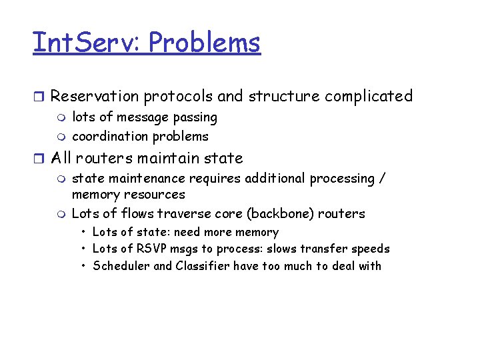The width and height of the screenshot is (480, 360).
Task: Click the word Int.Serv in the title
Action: pyautogui.click(x=86, y=43)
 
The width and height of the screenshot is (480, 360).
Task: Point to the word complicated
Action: pyautogui.click(x=369, y=97)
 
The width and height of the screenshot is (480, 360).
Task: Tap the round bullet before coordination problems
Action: pyautogui.click(x=62, y=137)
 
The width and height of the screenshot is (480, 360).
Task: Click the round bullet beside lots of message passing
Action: pyautogui.click(x=62, y=118)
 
